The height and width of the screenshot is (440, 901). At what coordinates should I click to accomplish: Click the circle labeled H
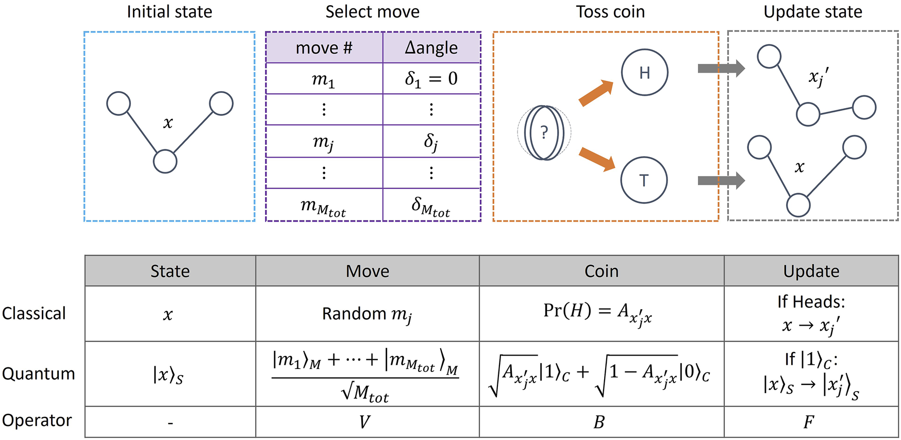[644, 73]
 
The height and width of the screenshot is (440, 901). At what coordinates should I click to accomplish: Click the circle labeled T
[644, 180]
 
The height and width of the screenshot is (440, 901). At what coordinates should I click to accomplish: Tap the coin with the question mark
[544, 133]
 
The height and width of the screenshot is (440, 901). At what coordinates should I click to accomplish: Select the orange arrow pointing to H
[596, 94]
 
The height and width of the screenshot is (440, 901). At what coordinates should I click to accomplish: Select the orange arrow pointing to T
[597, 159]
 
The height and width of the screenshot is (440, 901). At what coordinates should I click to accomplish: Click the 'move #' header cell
[324, 48]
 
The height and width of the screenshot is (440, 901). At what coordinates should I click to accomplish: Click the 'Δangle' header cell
[431, 48]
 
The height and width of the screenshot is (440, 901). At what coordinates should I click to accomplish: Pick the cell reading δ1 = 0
[431, 78]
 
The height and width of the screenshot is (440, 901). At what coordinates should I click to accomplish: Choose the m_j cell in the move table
[324, 141]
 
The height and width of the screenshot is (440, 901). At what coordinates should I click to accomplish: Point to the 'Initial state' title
[170, 11]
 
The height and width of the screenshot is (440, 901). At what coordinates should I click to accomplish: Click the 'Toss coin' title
[610, 11]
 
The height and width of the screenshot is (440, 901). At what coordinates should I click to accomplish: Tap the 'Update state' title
[812, 11]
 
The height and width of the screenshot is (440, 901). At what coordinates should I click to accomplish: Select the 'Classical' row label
[34, 313]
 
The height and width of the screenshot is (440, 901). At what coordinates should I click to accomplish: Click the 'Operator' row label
[37, 420]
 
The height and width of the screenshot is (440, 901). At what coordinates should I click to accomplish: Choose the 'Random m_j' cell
[367, 314]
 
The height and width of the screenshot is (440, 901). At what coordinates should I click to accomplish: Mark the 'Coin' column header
[601, 271]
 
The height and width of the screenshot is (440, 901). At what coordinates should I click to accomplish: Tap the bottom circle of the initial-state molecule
[165, 162]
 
